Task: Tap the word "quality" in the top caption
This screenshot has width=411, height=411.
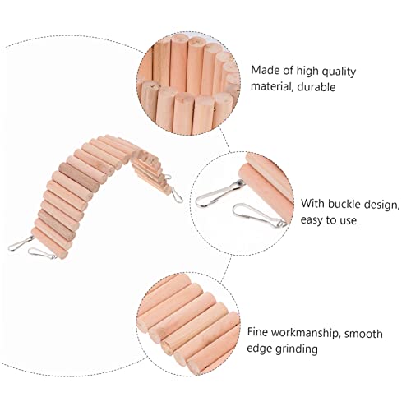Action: click(x=339, y=72)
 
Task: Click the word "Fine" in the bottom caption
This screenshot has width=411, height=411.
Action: click(x=257, y=332)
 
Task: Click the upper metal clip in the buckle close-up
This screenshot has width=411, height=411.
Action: click(x=219, y=192)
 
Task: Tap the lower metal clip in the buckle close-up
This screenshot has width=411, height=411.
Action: click(x=257, y=215)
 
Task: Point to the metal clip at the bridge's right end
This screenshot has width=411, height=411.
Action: click(x=177, y=195)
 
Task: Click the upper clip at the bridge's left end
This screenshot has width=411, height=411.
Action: click(x=20, y=243)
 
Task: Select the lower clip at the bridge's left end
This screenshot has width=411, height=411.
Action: click(x=42, y=253)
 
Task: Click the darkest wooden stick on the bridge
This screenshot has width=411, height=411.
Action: click(x=79, y=177)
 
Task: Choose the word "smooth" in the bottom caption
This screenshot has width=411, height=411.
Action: click(x=363, y=334)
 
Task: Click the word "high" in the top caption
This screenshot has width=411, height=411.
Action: click(x=307, y=72)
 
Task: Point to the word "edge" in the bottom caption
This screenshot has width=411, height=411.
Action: click(x=259, y=349)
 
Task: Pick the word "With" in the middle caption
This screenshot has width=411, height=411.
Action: click(x=313, y=204)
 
